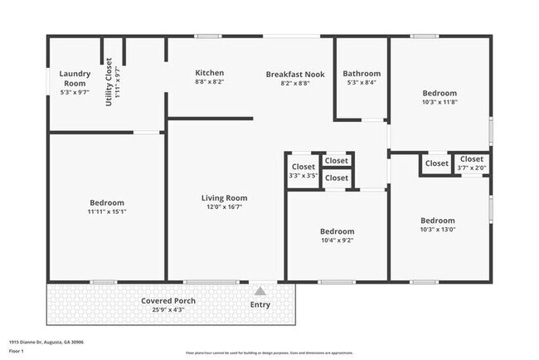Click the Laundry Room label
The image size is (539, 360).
[x=73, y=78]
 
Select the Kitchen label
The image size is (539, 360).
[x=209, y=73]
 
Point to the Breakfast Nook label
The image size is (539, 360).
[x=295, y=74]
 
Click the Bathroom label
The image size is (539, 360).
[x=362, y=73]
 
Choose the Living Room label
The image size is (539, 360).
[x=224, y=198]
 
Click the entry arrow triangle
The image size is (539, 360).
[x=260, y=291]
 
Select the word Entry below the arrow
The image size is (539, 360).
[x=260, y=304]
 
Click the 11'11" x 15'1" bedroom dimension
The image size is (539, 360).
[x=107, y=212]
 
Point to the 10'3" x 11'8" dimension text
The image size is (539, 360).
[x=439, y=102]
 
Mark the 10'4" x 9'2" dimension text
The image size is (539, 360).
[x=337, y=241]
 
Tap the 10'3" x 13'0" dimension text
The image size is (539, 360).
[x=438, y=230]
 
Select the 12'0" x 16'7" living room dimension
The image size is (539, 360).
[x=224, y=207]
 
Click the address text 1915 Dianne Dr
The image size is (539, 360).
[x=46, y=342]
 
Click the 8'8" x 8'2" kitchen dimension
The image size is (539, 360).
[x=209, y=82]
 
